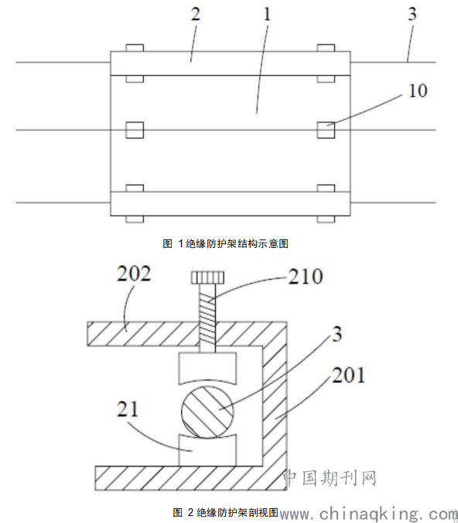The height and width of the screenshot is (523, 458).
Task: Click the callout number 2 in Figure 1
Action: pyautogui.click(x=196, y=15)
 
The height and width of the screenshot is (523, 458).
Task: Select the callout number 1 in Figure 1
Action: pyautogui.click(x=267, y=15)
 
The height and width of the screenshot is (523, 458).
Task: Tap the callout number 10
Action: pyautogui.click(x=418, y=91)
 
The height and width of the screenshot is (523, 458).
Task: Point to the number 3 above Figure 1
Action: pyautogui.click(x=412, y=14)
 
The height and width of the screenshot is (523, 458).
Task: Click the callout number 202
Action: pyautogui.click(x=134, y=274)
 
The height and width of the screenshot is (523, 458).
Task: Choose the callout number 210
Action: pyautogui.click(x=306, y=277)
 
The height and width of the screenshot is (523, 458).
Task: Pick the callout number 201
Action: pyautogui.click(x=349, y=375)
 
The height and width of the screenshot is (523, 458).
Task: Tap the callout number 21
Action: pyautogui.click(x=127, y=409)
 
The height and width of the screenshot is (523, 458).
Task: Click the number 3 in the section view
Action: pyautogui.click(x=337, y=334)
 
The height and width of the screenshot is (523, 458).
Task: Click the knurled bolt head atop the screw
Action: pyautogui.click(x=207, y=277)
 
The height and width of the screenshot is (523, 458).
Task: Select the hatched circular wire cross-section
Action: pyautogui.click(x=207, y=411)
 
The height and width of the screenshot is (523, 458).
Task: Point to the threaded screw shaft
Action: pyautogui.click(x=207, y=318)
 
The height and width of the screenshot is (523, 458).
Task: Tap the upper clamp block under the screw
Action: pyautogui.click(x=207, y=369)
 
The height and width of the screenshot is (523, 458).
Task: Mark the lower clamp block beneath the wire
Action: pyautogui.click(x=207, y=450)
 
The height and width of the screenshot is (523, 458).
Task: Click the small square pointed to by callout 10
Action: pyautogui.click(x=326, y=130)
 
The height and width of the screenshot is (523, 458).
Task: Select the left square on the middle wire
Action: pyautogui.click(x=135, y=130)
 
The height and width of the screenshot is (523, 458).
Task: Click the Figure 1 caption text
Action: pyautogui.click(x=225, y=244)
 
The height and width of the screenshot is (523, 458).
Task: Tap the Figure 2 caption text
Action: pyautogui.click(x=225, y=512)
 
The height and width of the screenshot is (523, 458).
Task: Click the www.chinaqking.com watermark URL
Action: pyautogui.click(x=369, y=514)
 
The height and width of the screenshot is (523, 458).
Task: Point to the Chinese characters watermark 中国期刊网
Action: pyautogui.click(x=330, y=478)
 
